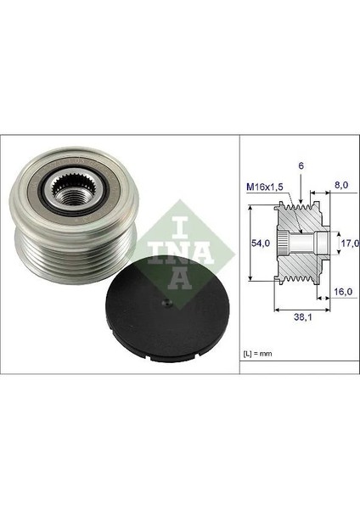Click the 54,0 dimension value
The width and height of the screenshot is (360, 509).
point(262,243)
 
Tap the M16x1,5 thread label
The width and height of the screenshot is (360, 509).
point(265,187)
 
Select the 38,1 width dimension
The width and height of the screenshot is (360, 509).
point(303,317)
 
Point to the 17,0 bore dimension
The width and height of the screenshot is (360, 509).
point(351,243)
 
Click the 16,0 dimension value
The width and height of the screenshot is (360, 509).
point(343,292)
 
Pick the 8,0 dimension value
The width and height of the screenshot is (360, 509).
point(341,185)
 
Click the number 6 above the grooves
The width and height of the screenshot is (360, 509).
point(301,166)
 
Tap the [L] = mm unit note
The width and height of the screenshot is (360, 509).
point(257,354)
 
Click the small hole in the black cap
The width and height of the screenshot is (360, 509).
point(166,303)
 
